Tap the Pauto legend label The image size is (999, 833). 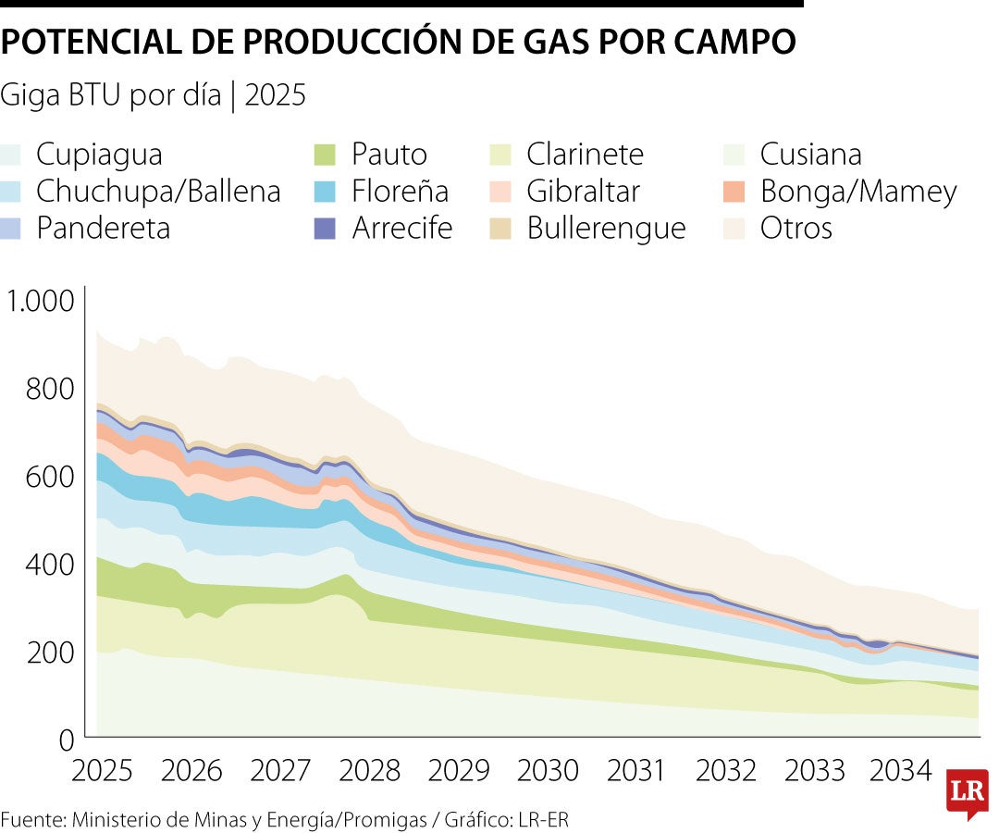[389, 154]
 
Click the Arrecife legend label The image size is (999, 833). [402, 229]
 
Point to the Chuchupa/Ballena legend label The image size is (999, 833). [158, 192]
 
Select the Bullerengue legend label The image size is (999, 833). [607, 229]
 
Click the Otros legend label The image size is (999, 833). [796, 229]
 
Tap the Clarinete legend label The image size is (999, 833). [586, 154]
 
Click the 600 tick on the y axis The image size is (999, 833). [48, 478]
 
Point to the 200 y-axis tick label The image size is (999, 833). [48, 653]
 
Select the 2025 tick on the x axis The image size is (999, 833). [102, 770]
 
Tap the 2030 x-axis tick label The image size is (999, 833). [547, 770]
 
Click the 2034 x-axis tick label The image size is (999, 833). [902, 770]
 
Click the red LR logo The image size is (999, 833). [967, 792]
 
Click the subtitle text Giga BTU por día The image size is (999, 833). [111, 95]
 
